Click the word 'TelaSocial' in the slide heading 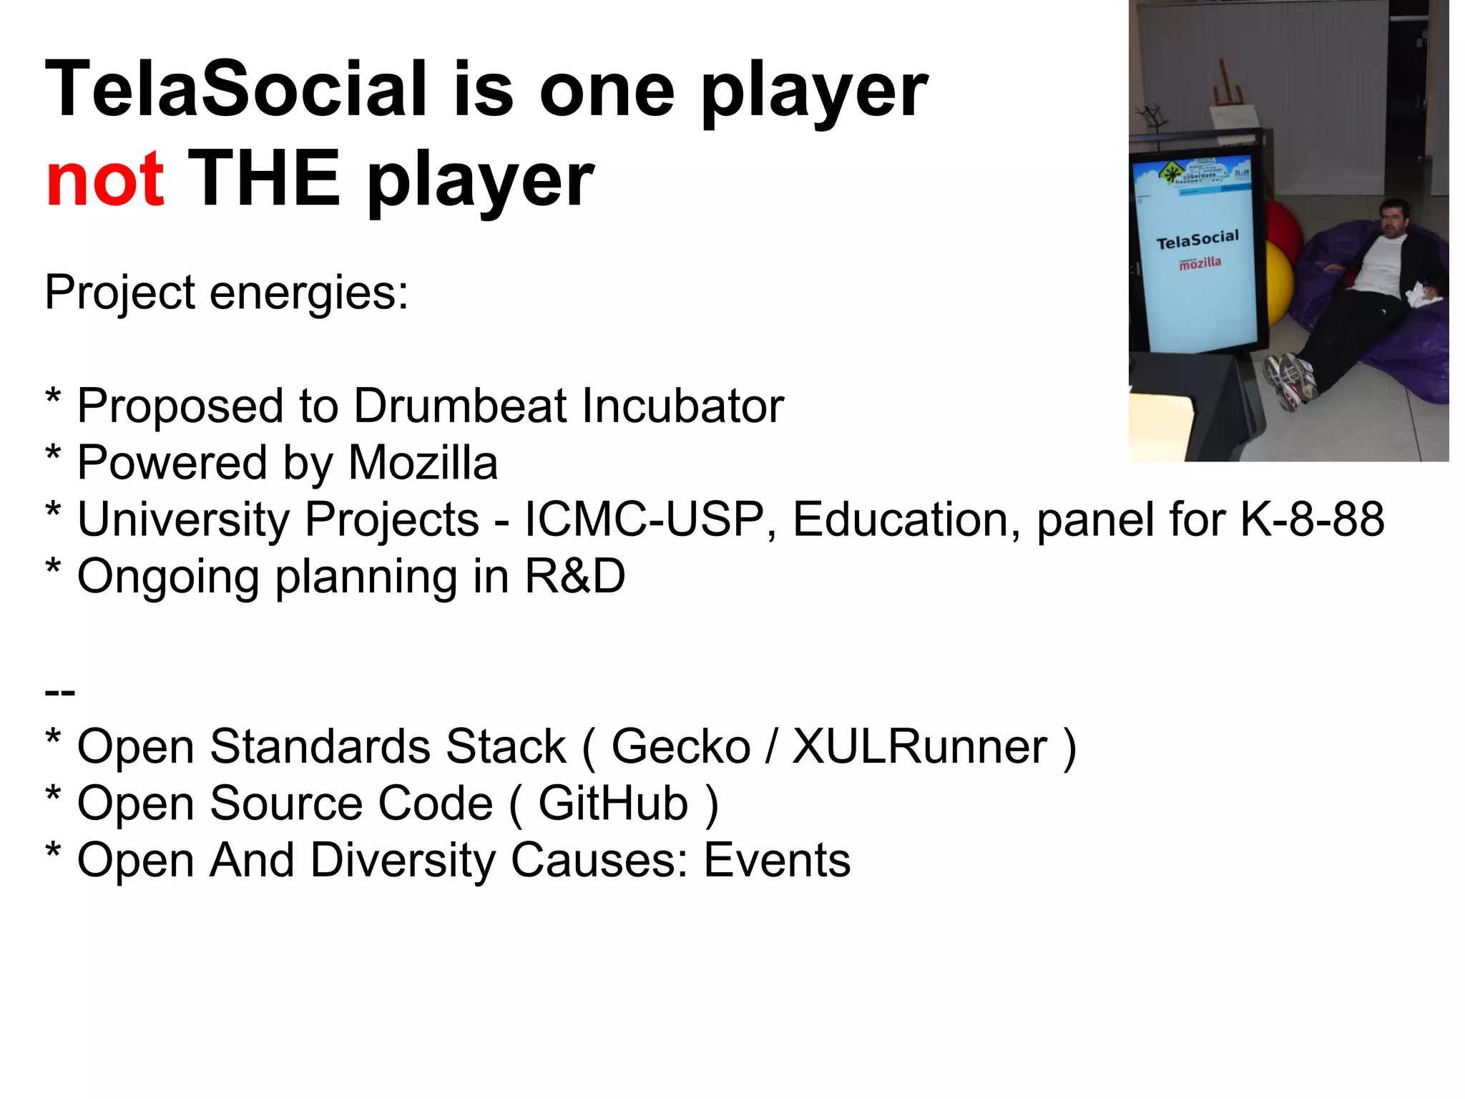pos(236,89)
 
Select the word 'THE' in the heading pos(264,179)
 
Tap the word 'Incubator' pos(682,406)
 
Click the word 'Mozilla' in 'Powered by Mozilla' pos(423,462)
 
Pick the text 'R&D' pos(575,576)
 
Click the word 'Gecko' pos(680,746)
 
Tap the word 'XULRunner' pos(919,746)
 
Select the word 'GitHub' pos(613,803)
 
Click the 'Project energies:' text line pos(226,293)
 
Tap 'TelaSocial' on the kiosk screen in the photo pos(1197,239)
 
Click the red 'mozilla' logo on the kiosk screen pos(1200,263)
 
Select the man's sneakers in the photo pos(1291,379)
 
